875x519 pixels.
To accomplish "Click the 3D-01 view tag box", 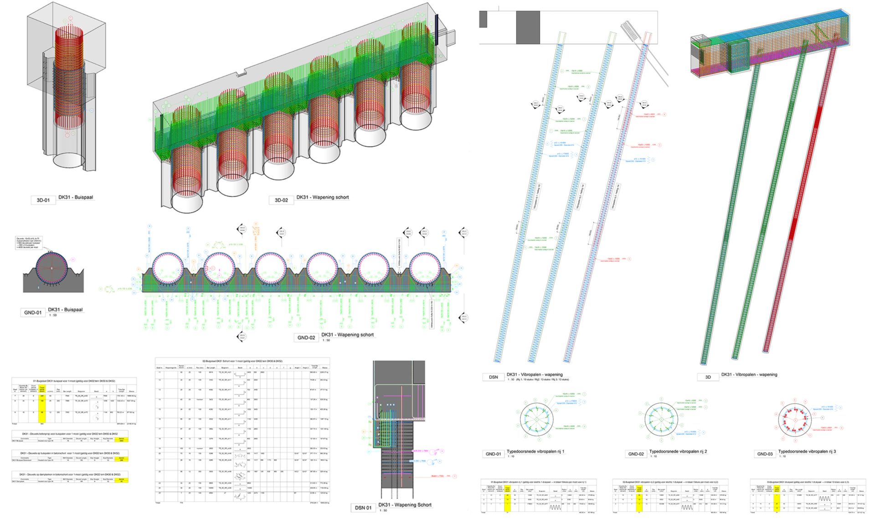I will (x=43, y=200).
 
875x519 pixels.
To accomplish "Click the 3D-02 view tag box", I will (x=281, y=200).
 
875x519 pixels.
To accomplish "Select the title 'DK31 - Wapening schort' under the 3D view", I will (x=322, y=197).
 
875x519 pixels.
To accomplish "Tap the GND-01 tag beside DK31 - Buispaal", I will (x=33, y=312).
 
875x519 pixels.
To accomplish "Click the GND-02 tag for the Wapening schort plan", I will (x=306, y=337).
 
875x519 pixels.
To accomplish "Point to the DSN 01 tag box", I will (x=363, y=508).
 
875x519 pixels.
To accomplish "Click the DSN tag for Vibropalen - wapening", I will (x=493, y=377).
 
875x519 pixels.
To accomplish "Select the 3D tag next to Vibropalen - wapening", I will (x=708, y=377).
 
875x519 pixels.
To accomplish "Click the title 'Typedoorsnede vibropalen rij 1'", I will (x=535, y=452).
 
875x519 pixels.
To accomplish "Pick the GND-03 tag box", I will (x=765, y=454).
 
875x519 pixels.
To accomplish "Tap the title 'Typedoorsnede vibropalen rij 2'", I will (x=678, y=452).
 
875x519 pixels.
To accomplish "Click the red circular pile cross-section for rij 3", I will (x=795, y=420).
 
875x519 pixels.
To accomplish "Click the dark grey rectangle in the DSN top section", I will (x=528, y=27).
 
